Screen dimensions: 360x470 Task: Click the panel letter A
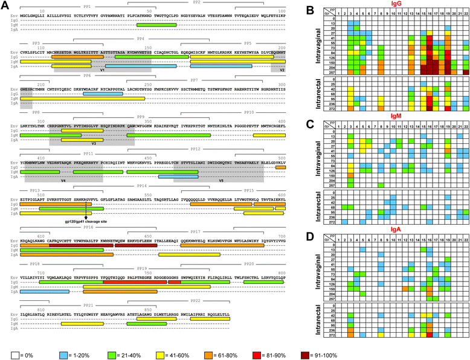pyautogui.click(x=5, y=5)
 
